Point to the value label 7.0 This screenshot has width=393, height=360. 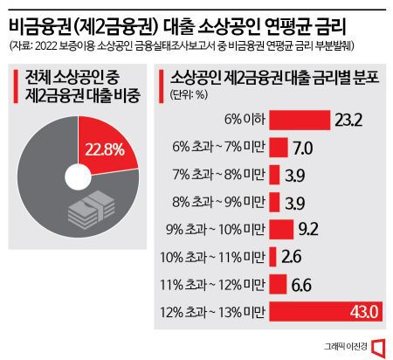pos(303,146)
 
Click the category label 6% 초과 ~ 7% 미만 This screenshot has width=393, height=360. pos(223,146)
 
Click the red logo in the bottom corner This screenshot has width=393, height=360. pos(377,346)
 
